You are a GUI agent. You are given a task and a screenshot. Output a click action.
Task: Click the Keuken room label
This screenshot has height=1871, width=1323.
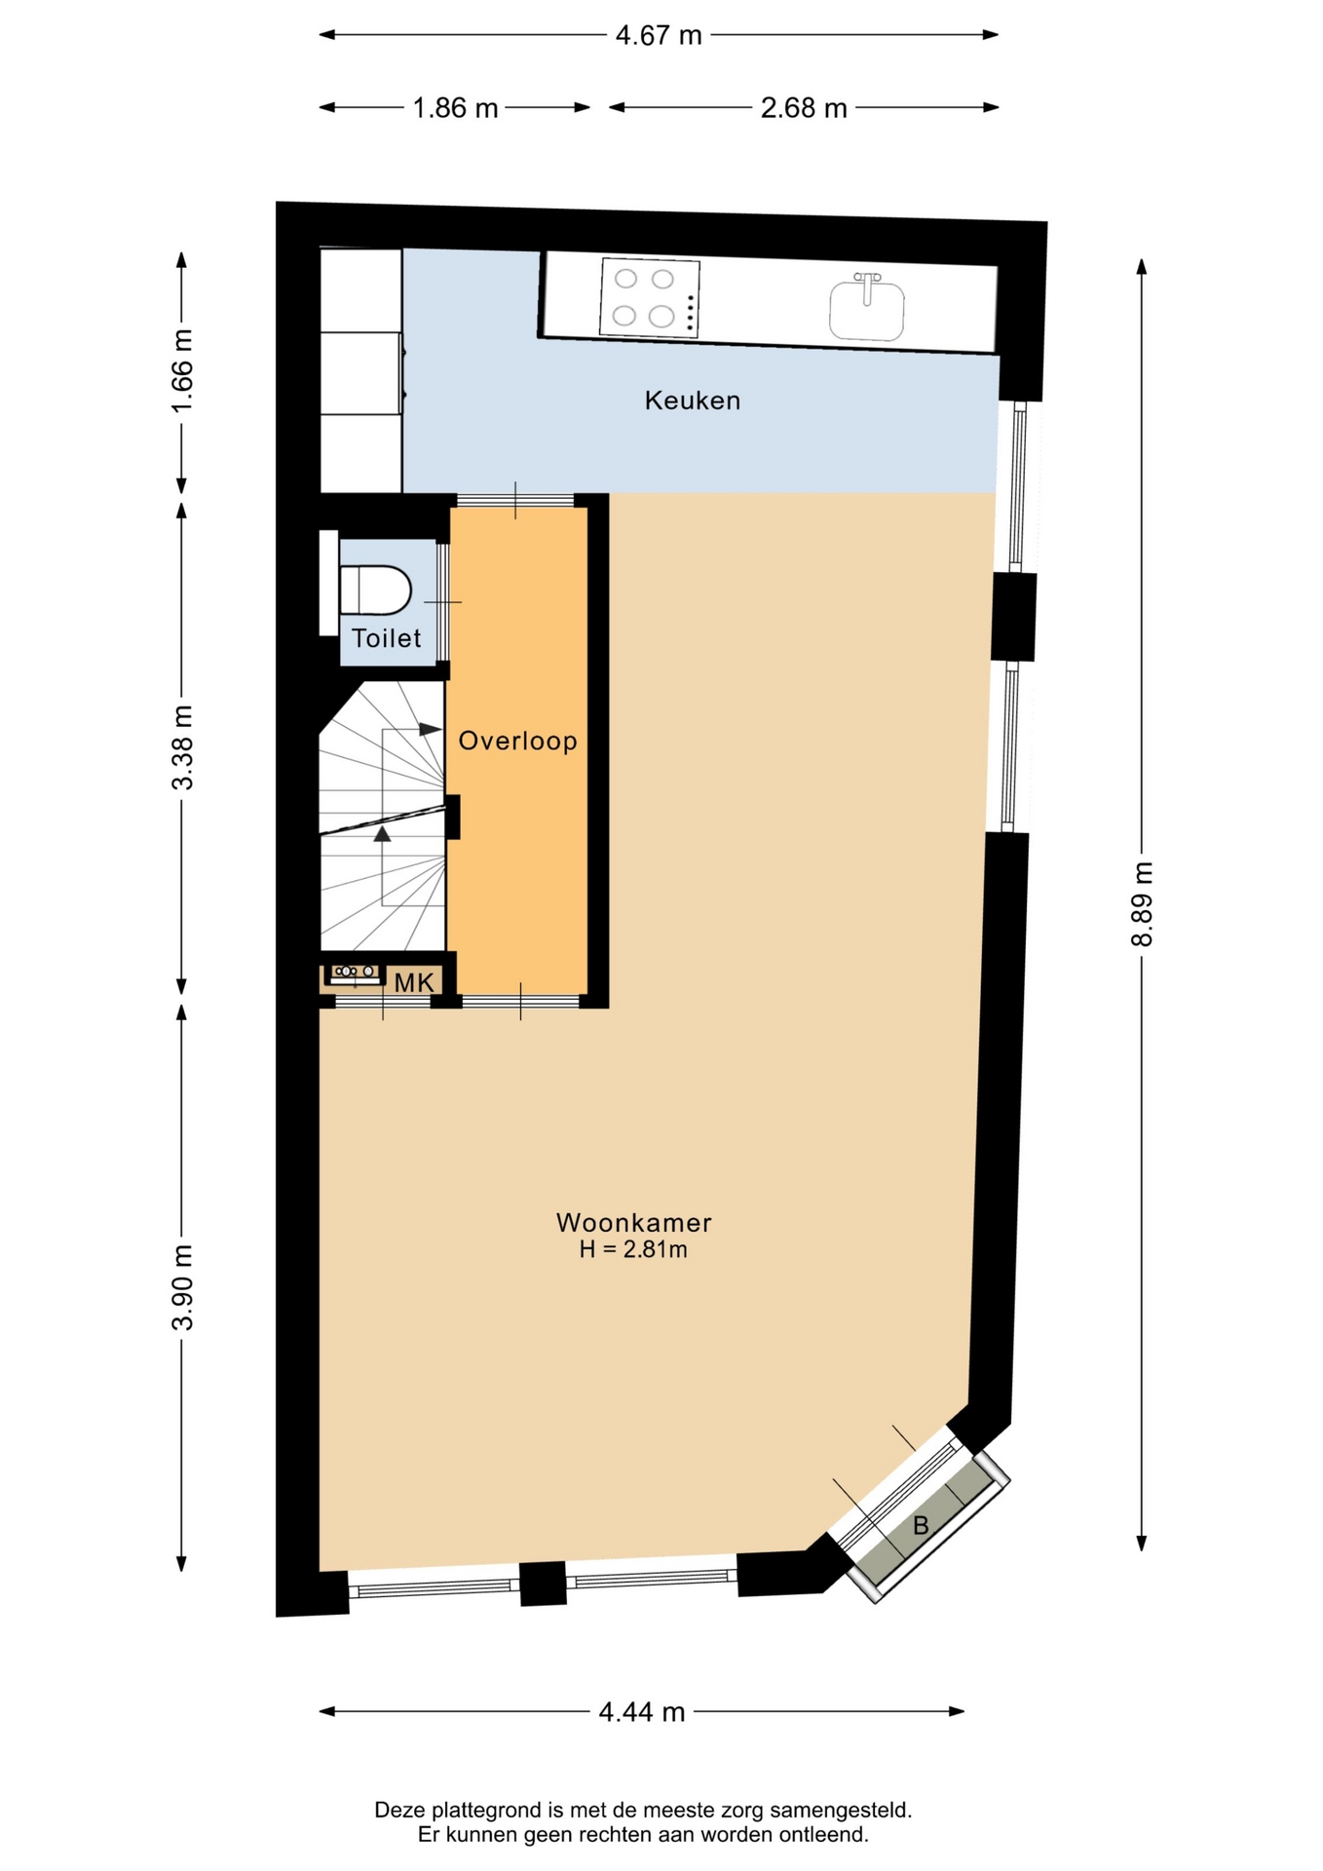(x=692, y=401)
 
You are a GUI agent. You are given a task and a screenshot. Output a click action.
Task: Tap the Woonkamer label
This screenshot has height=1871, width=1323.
(x=633, y=1222)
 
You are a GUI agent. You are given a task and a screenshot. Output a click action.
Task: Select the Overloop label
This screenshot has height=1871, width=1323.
(x=517, y=741)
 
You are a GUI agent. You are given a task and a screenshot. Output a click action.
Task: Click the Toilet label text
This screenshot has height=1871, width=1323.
(x=386, y=638)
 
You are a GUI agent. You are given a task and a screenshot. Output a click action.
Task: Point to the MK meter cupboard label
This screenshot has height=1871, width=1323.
(x=414, y=982)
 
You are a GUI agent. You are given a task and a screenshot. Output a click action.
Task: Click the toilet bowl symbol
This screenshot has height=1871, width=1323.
(x=375, y=591)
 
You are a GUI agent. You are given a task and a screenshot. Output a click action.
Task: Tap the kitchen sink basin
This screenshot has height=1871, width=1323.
(x=866, y=309)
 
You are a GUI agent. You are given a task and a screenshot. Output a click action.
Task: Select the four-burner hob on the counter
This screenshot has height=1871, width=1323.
(x=650, y=297)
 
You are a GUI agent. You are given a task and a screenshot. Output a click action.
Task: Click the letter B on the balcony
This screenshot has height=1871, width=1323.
(x=920, y=1525)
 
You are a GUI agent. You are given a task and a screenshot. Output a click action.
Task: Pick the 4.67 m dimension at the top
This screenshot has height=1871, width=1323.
(x=659, y=35)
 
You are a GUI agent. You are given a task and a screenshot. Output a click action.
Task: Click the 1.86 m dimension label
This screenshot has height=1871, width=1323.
(x=455, y=107)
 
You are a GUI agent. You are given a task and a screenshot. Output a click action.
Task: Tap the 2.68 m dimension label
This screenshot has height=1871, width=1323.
(x=804, y=107)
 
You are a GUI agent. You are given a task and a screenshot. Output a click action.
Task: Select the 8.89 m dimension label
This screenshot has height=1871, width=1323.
(x=1142, y=904)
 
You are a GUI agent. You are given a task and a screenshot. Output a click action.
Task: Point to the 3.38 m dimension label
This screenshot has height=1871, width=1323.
(x=182, y=747)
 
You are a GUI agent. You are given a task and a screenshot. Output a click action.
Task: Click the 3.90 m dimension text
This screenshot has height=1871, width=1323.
(x=182, y=1287)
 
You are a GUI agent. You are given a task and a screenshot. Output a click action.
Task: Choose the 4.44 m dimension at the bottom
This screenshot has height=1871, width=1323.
(x=642, y=1711)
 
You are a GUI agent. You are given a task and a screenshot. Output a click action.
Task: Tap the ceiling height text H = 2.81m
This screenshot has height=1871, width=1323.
(x=633, y=1249)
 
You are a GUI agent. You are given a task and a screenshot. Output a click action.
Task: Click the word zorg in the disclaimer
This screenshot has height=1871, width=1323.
(x=741, y=1810)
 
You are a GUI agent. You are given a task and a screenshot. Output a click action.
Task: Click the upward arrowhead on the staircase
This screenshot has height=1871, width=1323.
(x=382, y=833)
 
